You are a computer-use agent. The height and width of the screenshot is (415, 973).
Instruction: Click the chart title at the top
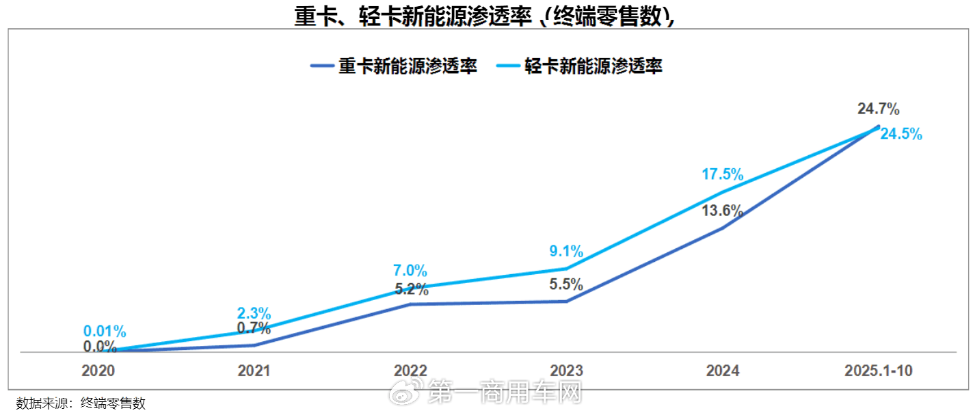[485, 16]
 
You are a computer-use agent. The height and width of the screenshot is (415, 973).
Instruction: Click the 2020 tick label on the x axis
[98, 371]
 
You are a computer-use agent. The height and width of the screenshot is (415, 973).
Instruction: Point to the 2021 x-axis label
[254, 371]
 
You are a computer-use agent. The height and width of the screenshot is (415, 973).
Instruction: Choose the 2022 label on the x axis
[410, 371]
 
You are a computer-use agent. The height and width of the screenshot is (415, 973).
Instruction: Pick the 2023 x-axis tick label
[566, 371]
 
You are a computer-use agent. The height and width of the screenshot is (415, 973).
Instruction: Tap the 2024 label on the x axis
[723, 371]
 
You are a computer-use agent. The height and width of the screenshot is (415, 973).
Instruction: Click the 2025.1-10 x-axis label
[879, 371]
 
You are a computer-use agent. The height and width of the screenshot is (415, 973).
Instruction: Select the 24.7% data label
[878, 108]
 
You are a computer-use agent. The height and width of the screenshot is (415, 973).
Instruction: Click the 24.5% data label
[901, 135]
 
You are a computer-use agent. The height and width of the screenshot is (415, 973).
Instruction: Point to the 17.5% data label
[722, 174]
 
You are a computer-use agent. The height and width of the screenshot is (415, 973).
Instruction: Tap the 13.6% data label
[722, 211]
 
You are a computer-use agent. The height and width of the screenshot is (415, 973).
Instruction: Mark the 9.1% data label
[566, 251]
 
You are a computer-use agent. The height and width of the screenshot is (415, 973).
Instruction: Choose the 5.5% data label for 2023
[566, 284]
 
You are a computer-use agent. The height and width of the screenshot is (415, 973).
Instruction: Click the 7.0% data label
[410, 271]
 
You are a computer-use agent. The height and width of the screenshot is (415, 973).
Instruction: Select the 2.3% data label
[254, 314]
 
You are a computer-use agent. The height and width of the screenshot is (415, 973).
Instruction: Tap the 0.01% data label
[104, 332]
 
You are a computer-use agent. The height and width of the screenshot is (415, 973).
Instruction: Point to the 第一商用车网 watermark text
[505, 392]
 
